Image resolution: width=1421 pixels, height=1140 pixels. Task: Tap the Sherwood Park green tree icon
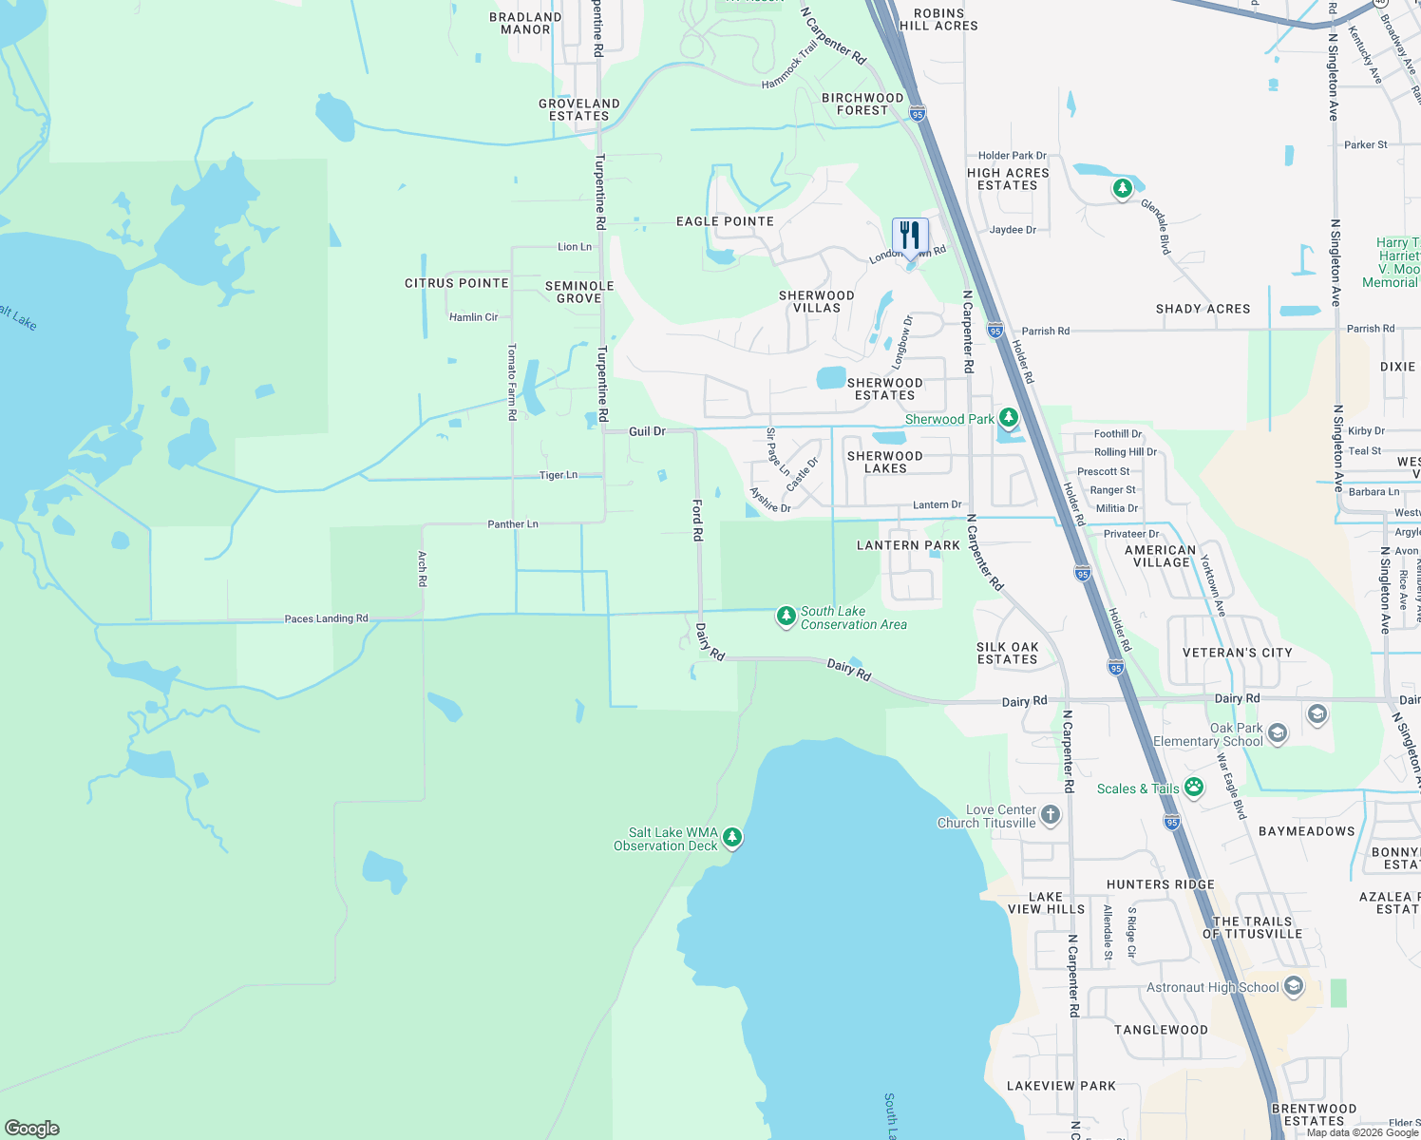pyautogui.click(x=1008, y=418)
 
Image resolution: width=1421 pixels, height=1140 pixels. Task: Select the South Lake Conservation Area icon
pyautogui.click(x=786, y=617)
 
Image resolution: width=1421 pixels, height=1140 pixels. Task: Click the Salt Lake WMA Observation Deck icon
pyautogui.click(x=731, y=837)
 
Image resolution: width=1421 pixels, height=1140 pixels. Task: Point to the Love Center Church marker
pyautogui.click(x=1050, y=814)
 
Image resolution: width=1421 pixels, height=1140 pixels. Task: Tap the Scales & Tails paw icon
pyautogui.click(x=1194, y=787)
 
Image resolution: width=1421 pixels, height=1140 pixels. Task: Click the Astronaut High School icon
pyautogui.click(x=1293, y=986)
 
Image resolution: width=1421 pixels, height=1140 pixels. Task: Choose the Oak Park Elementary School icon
pyautogui.click(x=1278, y=732)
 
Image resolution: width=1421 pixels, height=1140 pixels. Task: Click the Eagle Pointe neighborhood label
pyautogui.click(x=725, y=221)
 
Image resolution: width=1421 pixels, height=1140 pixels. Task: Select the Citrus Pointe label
pyautogui.click(x=457, y=283)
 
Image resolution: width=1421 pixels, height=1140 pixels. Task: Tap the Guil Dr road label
pyautogui.click(x=647, y=431)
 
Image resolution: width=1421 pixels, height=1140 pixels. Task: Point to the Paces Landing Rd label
pyautogui.click(x=326, y=618)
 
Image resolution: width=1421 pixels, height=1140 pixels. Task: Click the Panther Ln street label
pyautogui.click(x=513, y=523)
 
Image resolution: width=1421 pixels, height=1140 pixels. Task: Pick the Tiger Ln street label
pyautogui.click(x=558, y=475)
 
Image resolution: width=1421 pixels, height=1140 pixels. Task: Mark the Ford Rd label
pyautogui.click(x=697, y=521)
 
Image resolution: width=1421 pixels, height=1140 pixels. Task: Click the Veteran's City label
pyautogui.click(x=1237, y=653)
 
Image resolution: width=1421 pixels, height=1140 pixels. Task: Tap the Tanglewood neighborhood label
pyautogui.click(x=1161, y=1030)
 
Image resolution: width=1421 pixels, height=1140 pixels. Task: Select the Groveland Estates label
pyautogui.click(x=579, y=109)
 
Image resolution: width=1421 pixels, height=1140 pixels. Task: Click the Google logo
pyautogui.click(x=31, y=1129)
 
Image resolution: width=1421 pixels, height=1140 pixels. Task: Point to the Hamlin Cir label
pyautogui.click(x=473, y=317)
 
